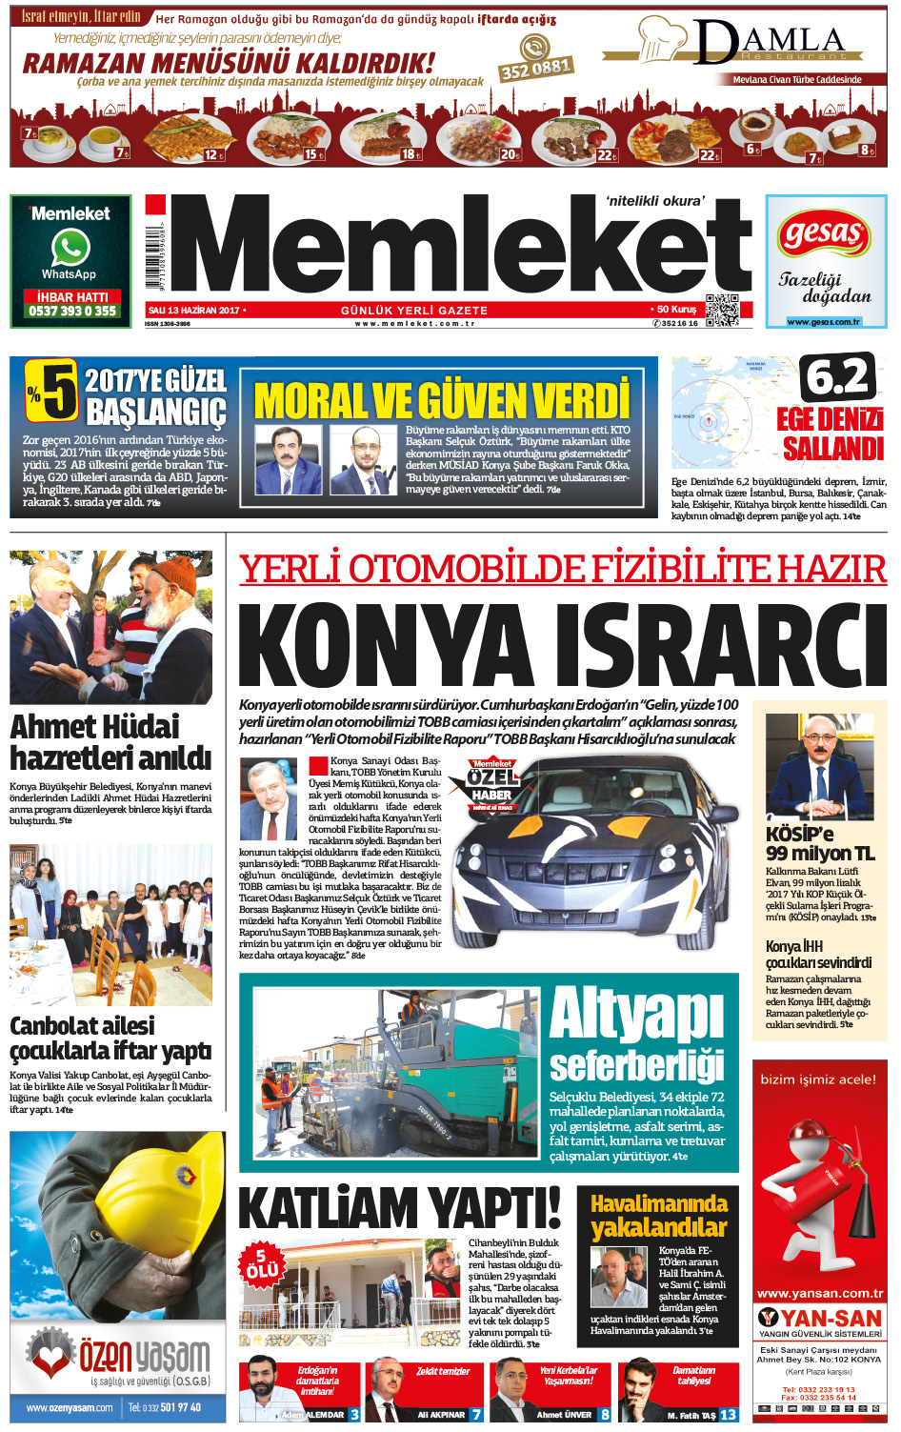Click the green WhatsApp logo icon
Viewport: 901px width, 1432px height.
pos(70,249)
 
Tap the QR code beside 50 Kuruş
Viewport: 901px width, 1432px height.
pos(721,310)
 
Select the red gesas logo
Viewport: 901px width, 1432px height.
pos(825,233)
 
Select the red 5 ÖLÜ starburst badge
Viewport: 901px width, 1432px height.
pos(262,1263)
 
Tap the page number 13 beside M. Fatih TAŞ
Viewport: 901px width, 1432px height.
pos(728,1415)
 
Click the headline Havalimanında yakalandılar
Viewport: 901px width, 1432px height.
pos(658,1216)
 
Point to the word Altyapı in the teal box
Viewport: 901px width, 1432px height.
pos(636,1014)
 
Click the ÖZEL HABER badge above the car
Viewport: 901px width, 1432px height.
pos(491,785)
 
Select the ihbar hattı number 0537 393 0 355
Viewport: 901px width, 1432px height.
pos(72,311)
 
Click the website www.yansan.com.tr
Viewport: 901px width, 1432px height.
pos(819,1293)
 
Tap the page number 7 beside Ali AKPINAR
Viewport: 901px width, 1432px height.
pos(476,1415)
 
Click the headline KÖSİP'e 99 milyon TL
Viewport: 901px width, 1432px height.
pos(819,843)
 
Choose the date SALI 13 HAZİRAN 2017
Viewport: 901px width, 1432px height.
pos(193,311)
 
